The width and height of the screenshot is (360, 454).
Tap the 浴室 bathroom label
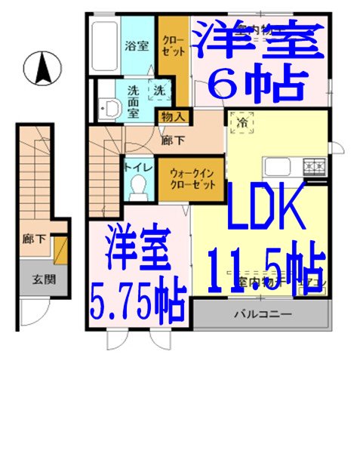pos(136,45)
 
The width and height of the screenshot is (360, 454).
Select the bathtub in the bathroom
pos(103,45)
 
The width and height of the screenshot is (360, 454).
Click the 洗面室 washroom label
pos(133,97)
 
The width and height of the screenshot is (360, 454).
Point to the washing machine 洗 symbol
pos(159,90)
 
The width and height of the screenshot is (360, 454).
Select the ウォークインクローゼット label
pos(192,178)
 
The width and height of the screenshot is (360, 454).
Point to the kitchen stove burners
pos(314,164)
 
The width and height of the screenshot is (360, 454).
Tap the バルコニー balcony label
pos(260,313)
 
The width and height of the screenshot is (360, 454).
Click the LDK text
pos(265,208)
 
